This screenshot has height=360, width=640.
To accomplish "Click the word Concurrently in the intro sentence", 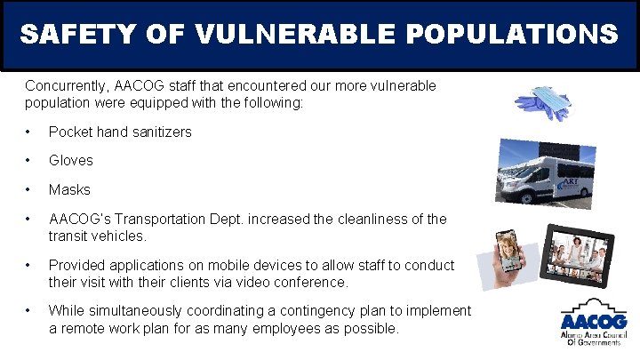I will pos(68,86).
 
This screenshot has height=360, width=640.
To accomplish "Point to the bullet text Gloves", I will pos(70,161).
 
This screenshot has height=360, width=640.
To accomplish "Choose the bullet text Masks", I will pos(69,189).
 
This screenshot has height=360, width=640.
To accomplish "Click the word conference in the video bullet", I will pos(315,282).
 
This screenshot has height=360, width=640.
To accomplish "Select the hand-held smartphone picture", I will pos(507,258).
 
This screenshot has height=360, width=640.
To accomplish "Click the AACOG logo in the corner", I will pos(593,321).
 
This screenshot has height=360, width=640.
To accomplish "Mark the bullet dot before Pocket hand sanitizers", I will pos(30,132).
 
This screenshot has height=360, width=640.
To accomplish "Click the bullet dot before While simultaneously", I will pos(30,311).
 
